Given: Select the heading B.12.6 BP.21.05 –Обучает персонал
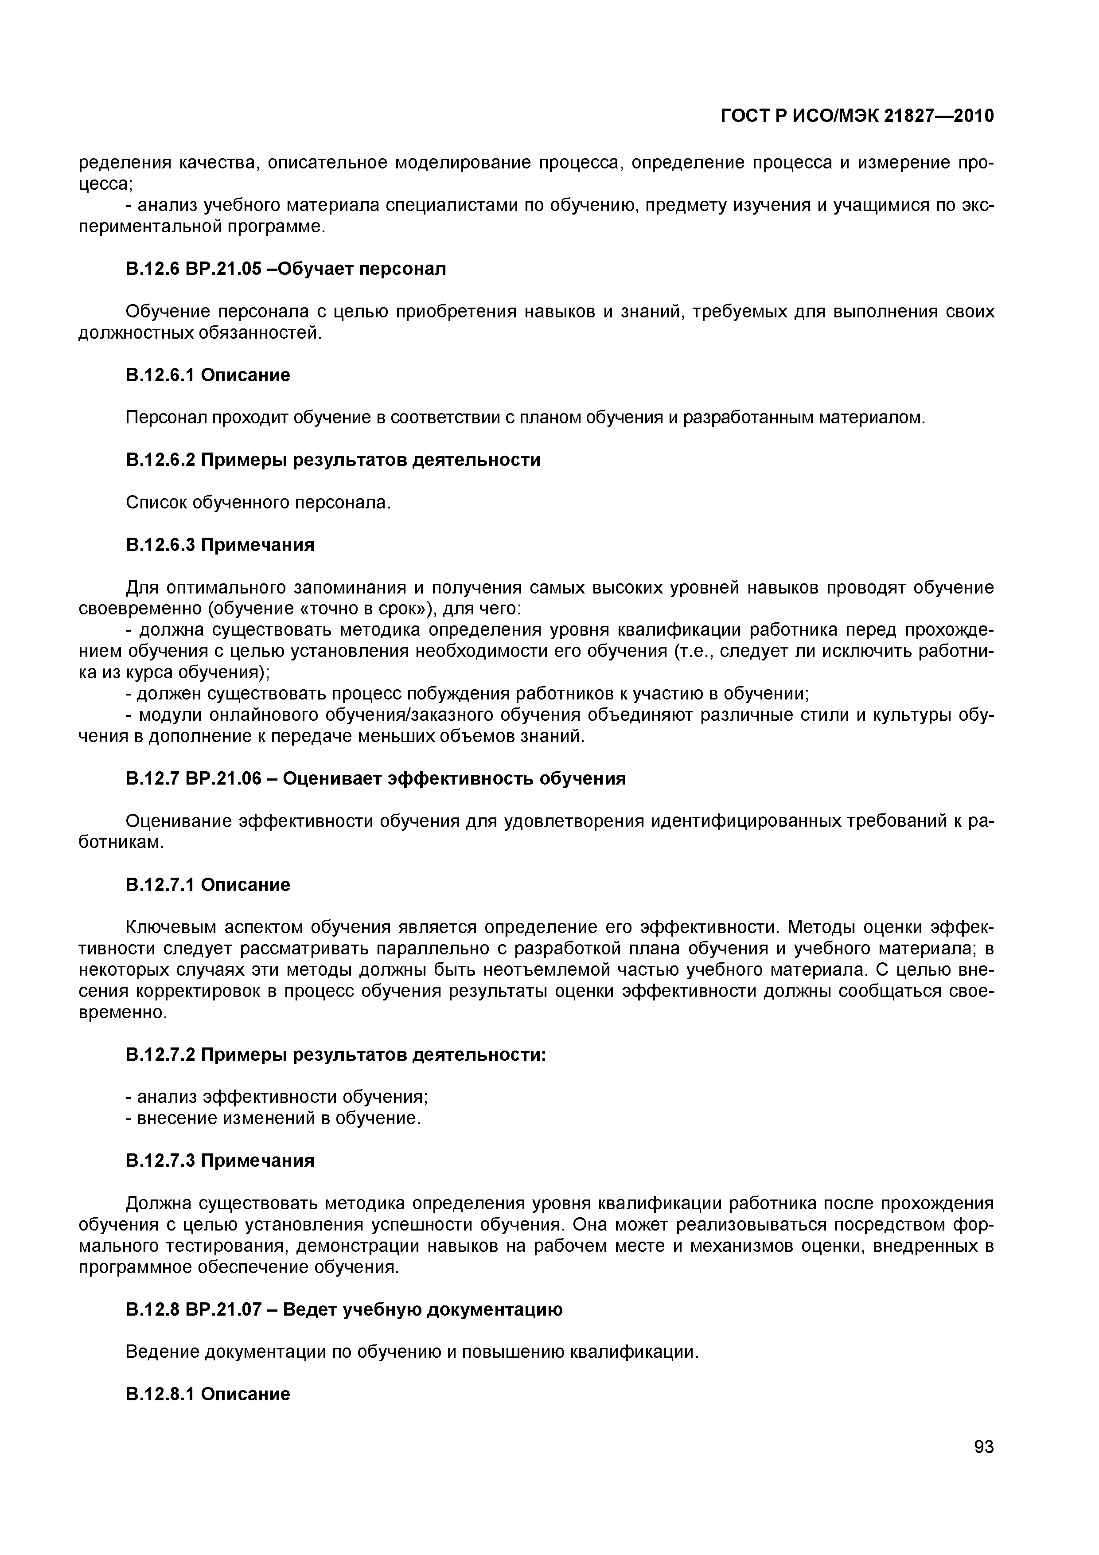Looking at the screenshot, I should [286, 269].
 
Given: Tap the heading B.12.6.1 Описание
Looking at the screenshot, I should [208, 375].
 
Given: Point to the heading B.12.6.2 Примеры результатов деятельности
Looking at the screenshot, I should [333, 460].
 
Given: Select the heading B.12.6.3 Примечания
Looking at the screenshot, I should [220, 544].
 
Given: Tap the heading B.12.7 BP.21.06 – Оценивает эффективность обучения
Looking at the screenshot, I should [376, 779].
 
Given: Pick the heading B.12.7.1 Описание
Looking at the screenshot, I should [208, 884].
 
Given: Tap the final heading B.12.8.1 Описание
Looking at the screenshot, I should [208, 1394].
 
